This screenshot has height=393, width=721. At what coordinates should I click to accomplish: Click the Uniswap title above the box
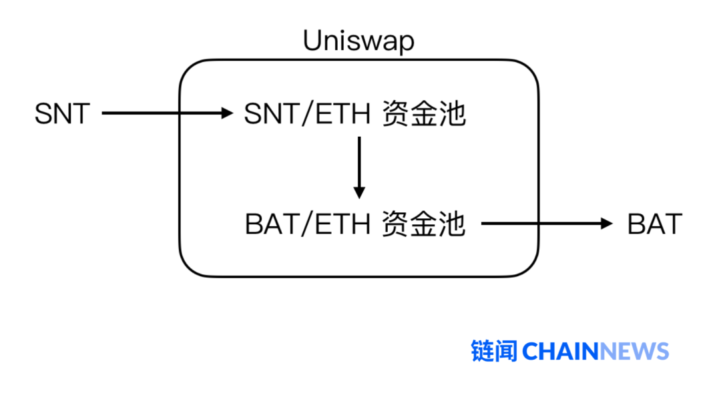tap(358, 41)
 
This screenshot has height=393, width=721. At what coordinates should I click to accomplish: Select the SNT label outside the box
tap(62, 114)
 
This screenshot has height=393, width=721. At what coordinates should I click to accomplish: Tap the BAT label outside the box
tap(654, 224)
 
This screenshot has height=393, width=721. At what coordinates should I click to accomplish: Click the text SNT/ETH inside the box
tap(307, 115)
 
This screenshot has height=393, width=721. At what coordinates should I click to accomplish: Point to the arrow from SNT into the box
tap(167, 113)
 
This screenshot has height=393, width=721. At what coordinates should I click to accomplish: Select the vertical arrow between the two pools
tap(359, 167)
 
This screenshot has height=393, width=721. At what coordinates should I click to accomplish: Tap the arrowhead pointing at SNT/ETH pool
tap(226, 113)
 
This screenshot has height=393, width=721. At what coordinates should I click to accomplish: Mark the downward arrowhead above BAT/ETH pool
tap(359, 192)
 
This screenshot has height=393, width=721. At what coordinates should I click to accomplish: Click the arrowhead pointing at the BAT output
tap(606, 224)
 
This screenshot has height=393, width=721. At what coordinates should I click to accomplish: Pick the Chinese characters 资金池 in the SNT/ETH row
tap(423, 115)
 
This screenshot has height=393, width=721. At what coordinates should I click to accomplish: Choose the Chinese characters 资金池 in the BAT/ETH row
tap(423, 224)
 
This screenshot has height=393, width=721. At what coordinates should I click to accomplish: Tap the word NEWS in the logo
tap(635, 351)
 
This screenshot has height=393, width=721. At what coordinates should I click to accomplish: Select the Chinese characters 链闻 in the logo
tap(494, 351)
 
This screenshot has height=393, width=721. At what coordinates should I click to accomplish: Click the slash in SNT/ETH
tap(307, 115)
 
